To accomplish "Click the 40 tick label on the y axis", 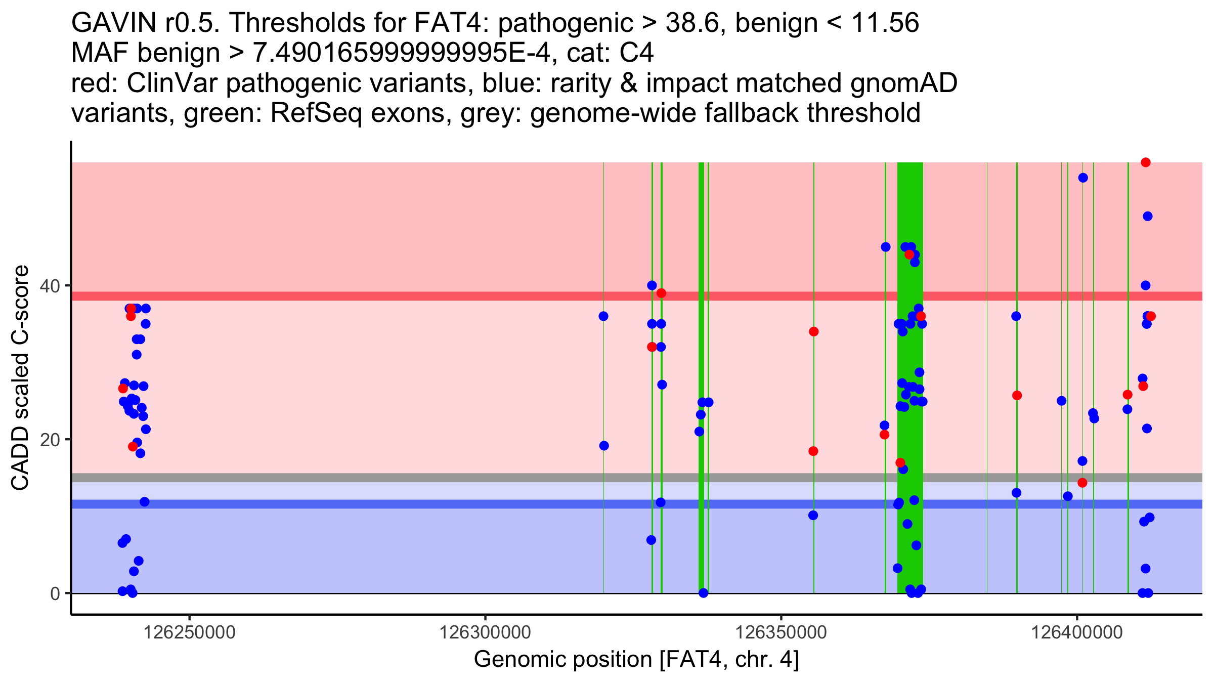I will pyautogui.click(x=49, y=286).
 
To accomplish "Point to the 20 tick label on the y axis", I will pyautogui.click(x=49, y=440).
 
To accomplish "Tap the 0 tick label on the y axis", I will pyautogui.click(x=55, y=593).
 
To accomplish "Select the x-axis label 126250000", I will pyautogui.click(x=190, y=632).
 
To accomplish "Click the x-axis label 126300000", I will pyautogui.click(x=485, y=632).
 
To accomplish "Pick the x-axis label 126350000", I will pyautogui.click(x=781, y=632).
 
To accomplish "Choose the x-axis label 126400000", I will pyautogui.click(x=1077, y=632).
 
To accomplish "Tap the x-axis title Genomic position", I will pyautogui.click(x=636, y=660).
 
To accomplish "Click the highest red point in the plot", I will pyautogui.click(x=1146, y=162).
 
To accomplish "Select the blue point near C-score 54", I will pyautogui.click(x=1083, y=178).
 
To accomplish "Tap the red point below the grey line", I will pyautogui.click(x=1082, y=483).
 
